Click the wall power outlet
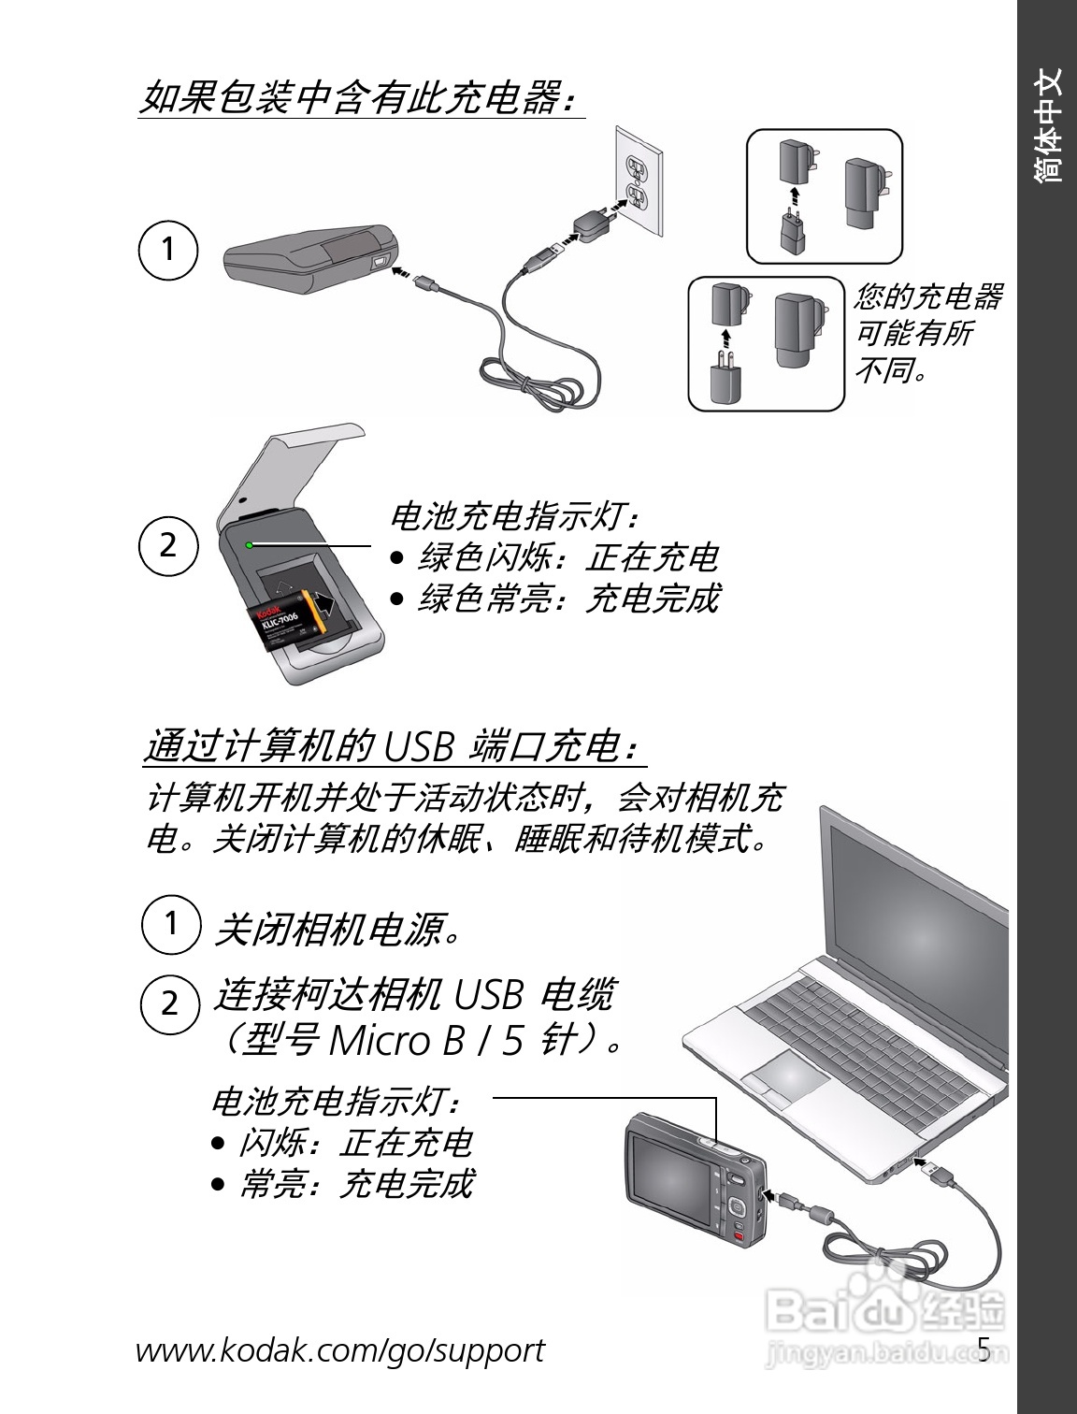tap(639, 181)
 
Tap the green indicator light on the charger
tap(249, 545)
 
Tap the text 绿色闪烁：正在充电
tap(568, 557)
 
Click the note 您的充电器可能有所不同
tap(927, 332)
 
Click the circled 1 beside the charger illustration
tap(168, 250)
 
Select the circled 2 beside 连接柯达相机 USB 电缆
tap(169, 1004)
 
